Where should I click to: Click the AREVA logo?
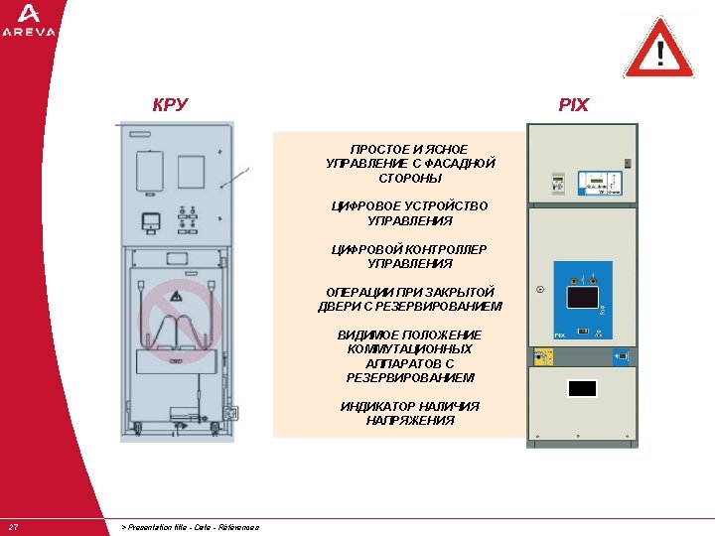tap(29, 20)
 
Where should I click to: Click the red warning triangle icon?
tap(658, 49)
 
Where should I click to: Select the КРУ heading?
tap(170, 104)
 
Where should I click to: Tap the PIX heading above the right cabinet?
tap(573, 104)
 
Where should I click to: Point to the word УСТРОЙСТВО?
tap(446, 206)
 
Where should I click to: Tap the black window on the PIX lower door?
tap(582, 388)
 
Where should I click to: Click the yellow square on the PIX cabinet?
tap(542, 354)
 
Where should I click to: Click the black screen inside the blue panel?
tap(580, 296)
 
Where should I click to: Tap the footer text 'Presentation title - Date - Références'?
tap(190, 527)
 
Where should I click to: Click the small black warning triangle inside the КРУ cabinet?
tap(176, 296)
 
